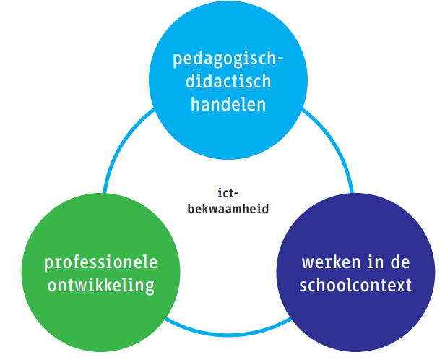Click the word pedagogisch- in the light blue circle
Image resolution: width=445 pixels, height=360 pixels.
pyautogui.click(x=228, y=58)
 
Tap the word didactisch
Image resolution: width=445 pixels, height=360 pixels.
pyautogui.click(x=228, y=80)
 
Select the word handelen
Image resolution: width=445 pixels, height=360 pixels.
pyautogui.click(x=228, y=103)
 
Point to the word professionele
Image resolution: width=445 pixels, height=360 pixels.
pyautogui.click(x=100, y=262)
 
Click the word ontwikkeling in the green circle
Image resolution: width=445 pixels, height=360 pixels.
pyautogui.click(x=100, y=285)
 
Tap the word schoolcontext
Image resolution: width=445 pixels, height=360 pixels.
pyautogui.click(x=357, y=285)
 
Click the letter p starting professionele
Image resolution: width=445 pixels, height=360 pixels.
pyautogui.click(x=48, y=263)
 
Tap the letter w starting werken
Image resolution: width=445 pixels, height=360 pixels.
pyautogui.click(x=308, y=262)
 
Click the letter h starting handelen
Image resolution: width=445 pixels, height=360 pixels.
pyautogui.click(x=194, y=103)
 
